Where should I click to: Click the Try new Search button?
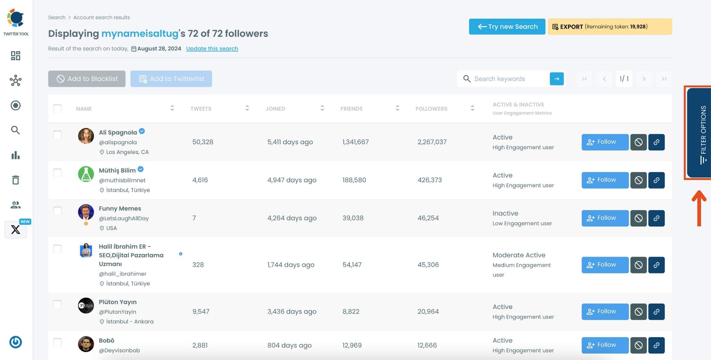507,27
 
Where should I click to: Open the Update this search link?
212,48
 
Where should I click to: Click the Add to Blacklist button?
87,79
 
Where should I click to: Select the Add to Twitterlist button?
171,79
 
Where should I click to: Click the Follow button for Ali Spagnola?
605,142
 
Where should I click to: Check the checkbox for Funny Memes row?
57,211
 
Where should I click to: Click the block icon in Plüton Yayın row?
638,312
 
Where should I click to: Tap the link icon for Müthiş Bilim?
656,180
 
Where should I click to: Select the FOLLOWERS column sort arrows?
472,108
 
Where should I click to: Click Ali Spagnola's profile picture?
86,136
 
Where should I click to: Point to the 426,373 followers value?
430,180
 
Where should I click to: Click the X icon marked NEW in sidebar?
16,229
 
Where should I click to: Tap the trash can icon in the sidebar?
16,180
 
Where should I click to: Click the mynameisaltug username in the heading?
140,33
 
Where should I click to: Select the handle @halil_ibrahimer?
122,274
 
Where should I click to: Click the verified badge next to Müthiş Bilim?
141,169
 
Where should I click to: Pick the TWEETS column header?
201,109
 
